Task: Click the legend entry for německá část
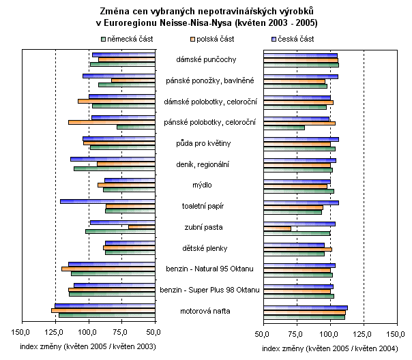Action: point(126,39)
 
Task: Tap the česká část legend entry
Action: point(294,39)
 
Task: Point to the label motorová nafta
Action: point(209,311)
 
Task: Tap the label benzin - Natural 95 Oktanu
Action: point(209,269)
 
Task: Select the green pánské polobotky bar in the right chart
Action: point(283,127)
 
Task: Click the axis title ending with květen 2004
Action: point(329,348)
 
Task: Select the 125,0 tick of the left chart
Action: point(55,333)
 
